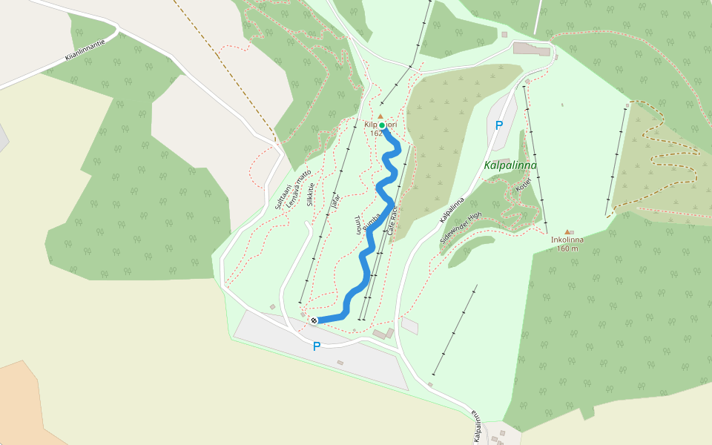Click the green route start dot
pos(382,125)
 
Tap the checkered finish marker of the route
pos(314,320)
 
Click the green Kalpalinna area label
pos(510,165)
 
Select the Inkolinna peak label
pos(567,240)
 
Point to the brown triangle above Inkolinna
pos(567,231)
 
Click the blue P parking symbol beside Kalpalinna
pos(498,125)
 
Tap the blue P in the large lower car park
pos(317,346)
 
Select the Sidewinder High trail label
pos(461,228)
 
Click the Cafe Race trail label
pos(393,221)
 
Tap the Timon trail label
pos(359,225)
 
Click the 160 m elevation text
pos(567,248)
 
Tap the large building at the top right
pos(533,49)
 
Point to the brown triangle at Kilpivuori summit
pos(380,116)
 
